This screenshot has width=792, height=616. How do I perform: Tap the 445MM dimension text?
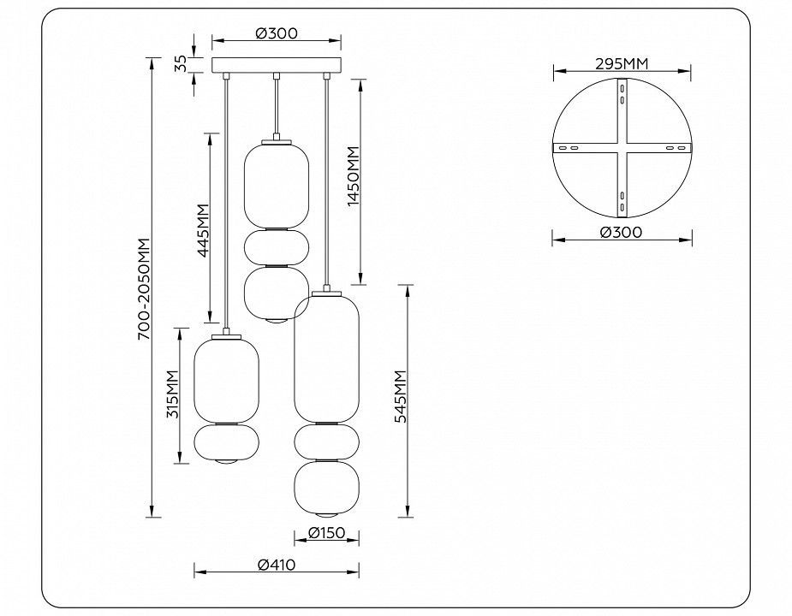(203, 230)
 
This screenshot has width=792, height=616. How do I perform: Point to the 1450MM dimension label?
(353, 176)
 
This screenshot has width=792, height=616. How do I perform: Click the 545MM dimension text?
(401, 396)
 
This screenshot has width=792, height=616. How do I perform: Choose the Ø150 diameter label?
(326, 533)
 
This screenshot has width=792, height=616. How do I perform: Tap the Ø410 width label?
(277, 565)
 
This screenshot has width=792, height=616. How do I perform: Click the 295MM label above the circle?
(622, 63)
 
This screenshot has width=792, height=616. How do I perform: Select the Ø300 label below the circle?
(622, 232)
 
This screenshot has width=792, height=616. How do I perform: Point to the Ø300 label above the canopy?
(277, 33)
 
